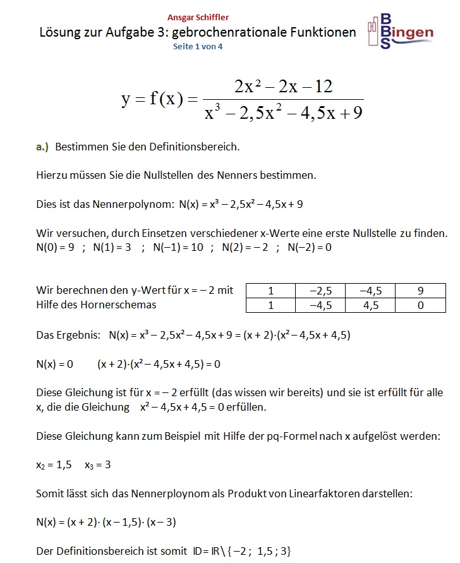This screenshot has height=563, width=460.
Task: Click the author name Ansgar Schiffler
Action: pos(198,18)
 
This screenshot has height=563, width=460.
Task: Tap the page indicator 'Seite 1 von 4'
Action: pos(198,46)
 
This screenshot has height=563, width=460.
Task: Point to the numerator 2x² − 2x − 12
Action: pos(283,87)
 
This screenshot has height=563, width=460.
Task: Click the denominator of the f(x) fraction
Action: pos(283,114)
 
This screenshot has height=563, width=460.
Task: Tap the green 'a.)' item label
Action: pos(42,147)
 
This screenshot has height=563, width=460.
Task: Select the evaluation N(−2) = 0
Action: pos(309,247)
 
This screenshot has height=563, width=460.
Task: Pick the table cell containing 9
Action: pos(420,291)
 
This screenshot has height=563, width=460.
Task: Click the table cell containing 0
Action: pos(420,305)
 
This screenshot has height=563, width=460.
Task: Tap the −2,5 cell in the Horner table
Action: pos(320,291)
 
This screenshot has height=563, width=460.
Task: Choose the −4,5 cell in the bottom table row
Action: pos(320,305)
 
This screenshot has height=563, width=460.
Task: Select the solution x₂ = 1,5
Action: pos(54,464)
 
